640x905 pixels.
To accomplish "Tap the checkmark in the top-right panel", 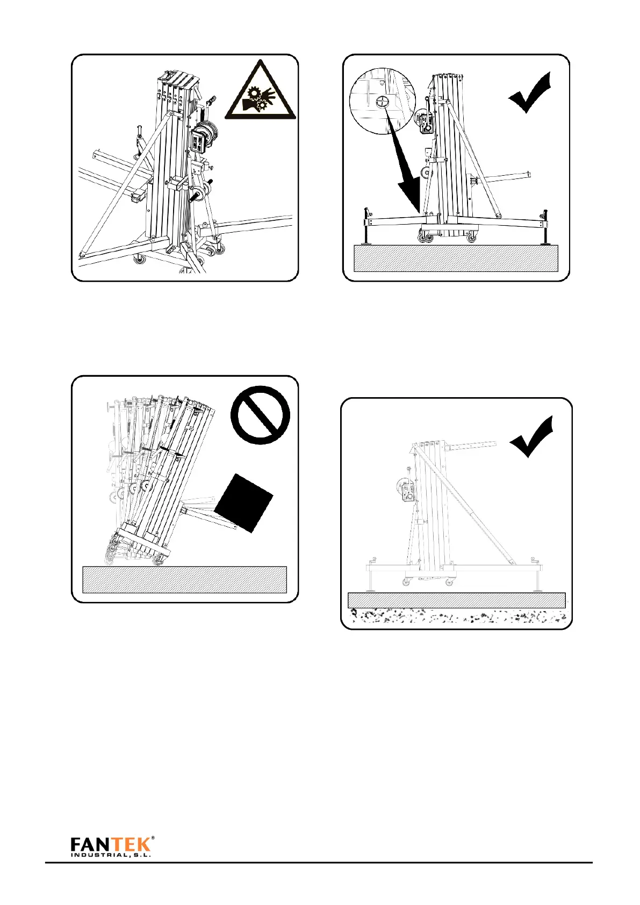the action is click(530, 93).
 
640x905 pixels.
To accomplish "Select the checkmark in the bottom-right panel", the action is click(531, 437).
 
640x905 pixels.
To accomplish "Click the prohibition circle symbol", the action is click(260, 415).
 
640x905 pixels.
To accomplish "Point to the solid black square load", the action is click(244, 502).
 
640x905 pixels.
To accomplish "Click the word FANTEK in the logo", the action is click(111, 845).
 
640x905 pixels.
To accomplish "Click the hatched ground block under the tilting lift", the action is click(184, 579).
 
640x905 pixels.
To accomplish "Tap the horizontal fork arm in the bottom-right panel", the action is click(476, 446).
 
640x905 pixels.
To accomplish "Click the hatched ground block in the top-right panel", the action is click(456, 258).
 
